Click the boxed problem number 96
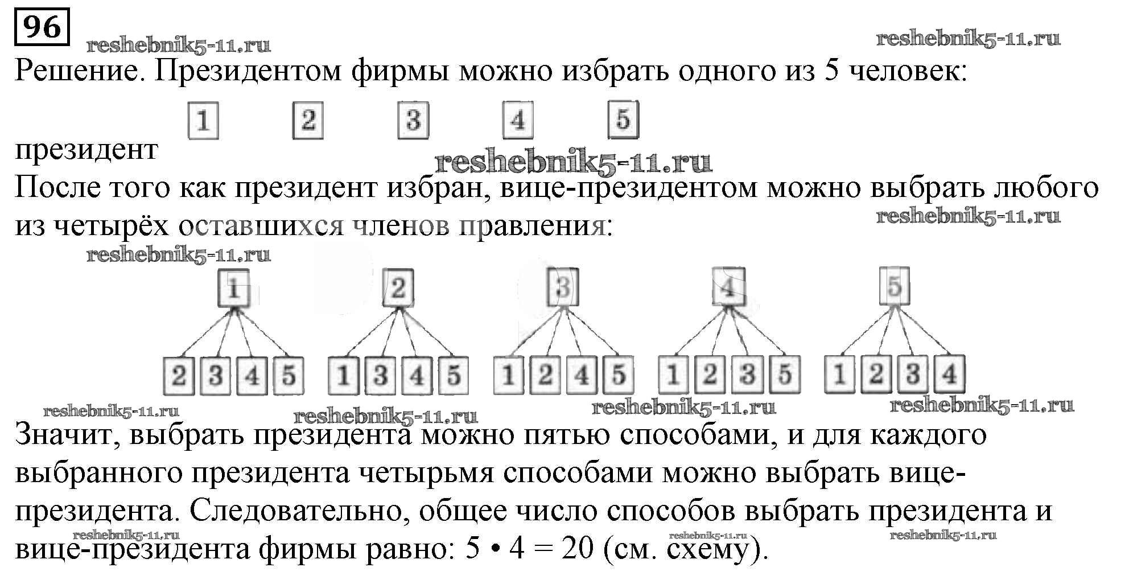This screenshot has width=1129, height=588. (42, 26)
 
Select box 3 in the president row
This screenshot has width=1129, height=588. (413, 120)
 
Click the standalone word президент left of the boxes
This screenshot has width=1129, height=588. (86, 150)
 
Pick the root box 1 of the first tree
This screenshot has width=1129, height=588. (233, 289)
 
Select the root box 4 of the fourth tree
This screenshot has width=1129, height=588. (728, 288)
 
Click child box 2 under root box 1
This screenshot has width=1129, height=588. (179, 376)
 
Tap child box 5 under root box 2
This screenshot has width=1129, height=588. (454, 376)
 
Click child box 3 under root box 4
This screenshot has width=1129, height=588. (747, 375)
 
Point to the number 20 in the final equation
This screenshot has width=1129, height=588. (577, 549)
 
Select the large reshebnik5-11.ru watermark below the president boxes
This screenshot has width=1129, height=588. (573, 163)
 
